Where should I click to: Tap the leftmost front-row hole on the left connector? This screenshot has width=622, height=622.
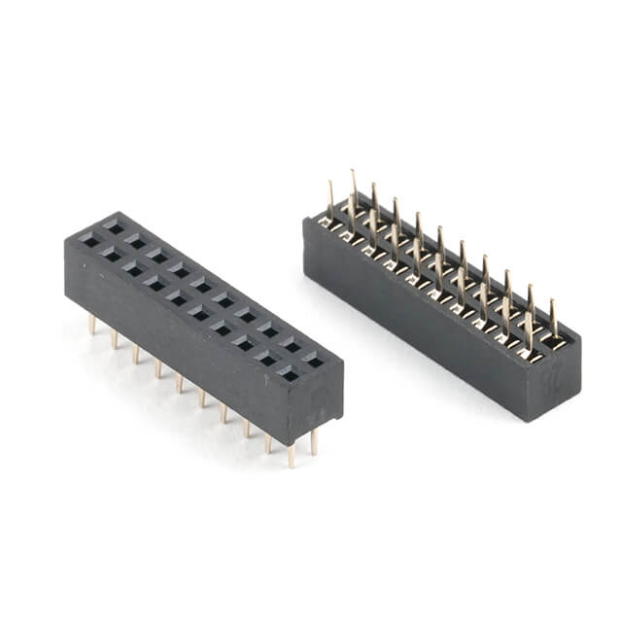click(x=89, y=240)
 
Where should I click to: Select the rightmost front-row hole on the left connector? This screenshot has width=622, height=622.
click(x=290, y=372)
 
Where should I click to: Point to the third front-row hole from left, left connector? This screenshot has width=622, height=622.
click(x=132, y=269)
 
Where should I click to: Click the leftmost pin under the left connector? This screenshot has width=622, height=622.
click(x=93, y=324)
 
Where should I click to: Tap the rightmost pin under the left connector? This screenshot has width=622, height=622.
click(x=314, y=442)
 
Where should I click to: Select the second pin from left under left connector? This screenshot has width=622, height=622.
click(x=115, y=338)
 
